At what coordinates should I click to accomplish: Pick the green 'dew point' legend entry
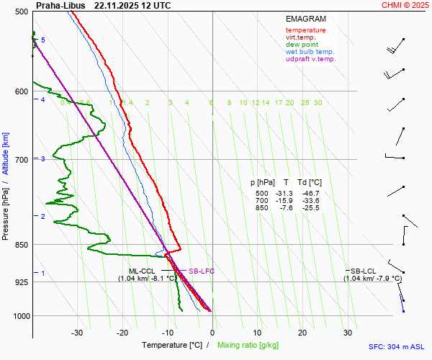[x=302, y=45]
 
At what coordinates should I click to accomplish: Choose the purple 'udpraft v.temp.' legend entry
[x=310, y=59]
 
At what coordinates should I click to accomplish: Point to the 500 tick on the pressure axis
[x=21, y=12]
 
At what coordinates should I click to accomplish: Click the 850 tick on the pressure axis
[x=21, y=245]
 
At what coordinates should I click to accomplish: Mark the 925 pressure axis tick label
[x=21, y=282]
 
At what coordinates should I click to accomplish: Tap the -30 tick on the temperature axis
[x=77, y=333]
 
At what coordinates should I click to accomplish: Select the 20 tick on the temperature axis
[x=302, y=333]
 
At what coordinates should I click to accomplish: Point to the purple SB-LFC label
[x=202, y=271]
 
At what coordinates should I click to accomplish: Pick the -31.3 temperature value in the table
[x=282, y=194]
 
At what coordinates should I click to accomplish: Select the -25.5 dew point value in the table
[x=310, y=208]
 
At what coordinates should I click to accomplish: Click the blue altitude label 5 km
[x=43, y=40]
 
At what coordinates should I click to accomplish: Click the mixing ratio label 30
[x=318, y=103]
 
